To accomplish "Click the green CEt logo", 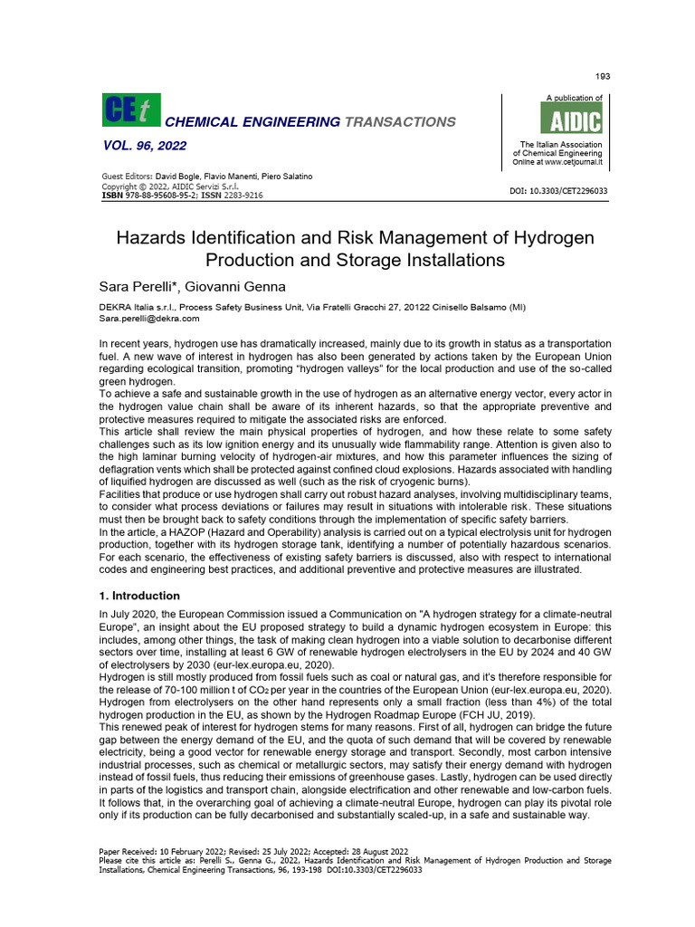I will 130,110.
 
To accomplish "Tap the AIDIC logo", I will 570,119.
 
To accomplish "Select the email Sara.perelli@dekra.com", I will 148,319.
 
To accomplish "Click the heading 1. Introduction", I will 138,596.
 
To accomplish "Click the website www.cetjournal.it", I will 574,162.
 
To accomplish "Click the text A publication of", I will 574,98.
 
